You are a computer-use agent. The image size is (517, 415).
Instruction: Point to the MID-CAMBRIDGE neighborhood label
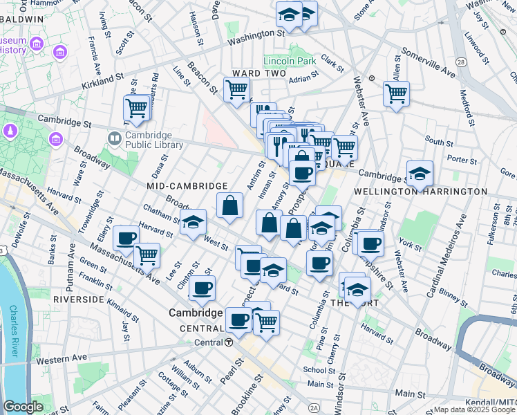[187, 186]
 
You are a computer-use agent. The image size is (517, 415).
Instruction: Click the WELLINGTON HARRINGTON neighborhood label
[420, 191]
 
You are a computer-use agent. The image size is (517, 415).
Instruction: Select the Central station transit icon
[229, 342]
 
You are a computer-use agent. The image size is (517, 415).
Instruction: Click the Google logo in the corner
[23, 407]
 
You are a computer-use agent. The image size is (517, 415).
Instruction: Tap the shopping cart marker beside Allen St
[396, 93]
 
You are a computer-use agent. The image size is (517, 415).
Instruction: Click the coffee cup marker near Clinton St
[202, 288]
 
